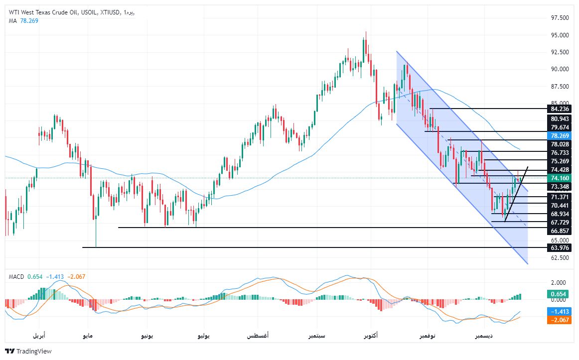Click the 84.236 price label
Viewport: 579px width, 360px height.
point(557,109)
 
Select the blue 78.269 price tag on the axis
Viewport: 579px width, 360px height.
point(557,135)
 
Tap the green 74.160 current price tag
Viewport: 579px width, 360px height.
point(557,178)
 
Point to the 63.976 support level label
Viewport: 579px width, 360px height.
point(557,248)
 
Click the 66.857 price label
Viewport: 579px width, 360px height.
point(557,232)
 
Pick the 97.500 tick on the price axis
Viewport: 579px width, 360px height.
point(557,18)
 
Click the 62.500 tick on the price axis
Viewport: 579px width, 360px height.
point(557,258)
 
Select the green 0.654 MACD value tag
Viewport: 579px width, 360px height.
point(557,294)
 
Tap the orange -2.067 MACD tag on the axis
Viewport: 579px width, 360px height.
point(557,320)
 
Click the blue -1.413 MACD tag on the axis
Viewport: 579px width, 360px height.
point(557,311)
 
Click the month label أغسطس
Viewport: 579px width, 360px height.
point(258,336)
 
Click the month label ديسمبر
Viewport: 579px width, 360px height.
point(484,336)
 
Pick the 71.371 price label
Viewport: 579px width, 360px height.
point(557,197)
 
